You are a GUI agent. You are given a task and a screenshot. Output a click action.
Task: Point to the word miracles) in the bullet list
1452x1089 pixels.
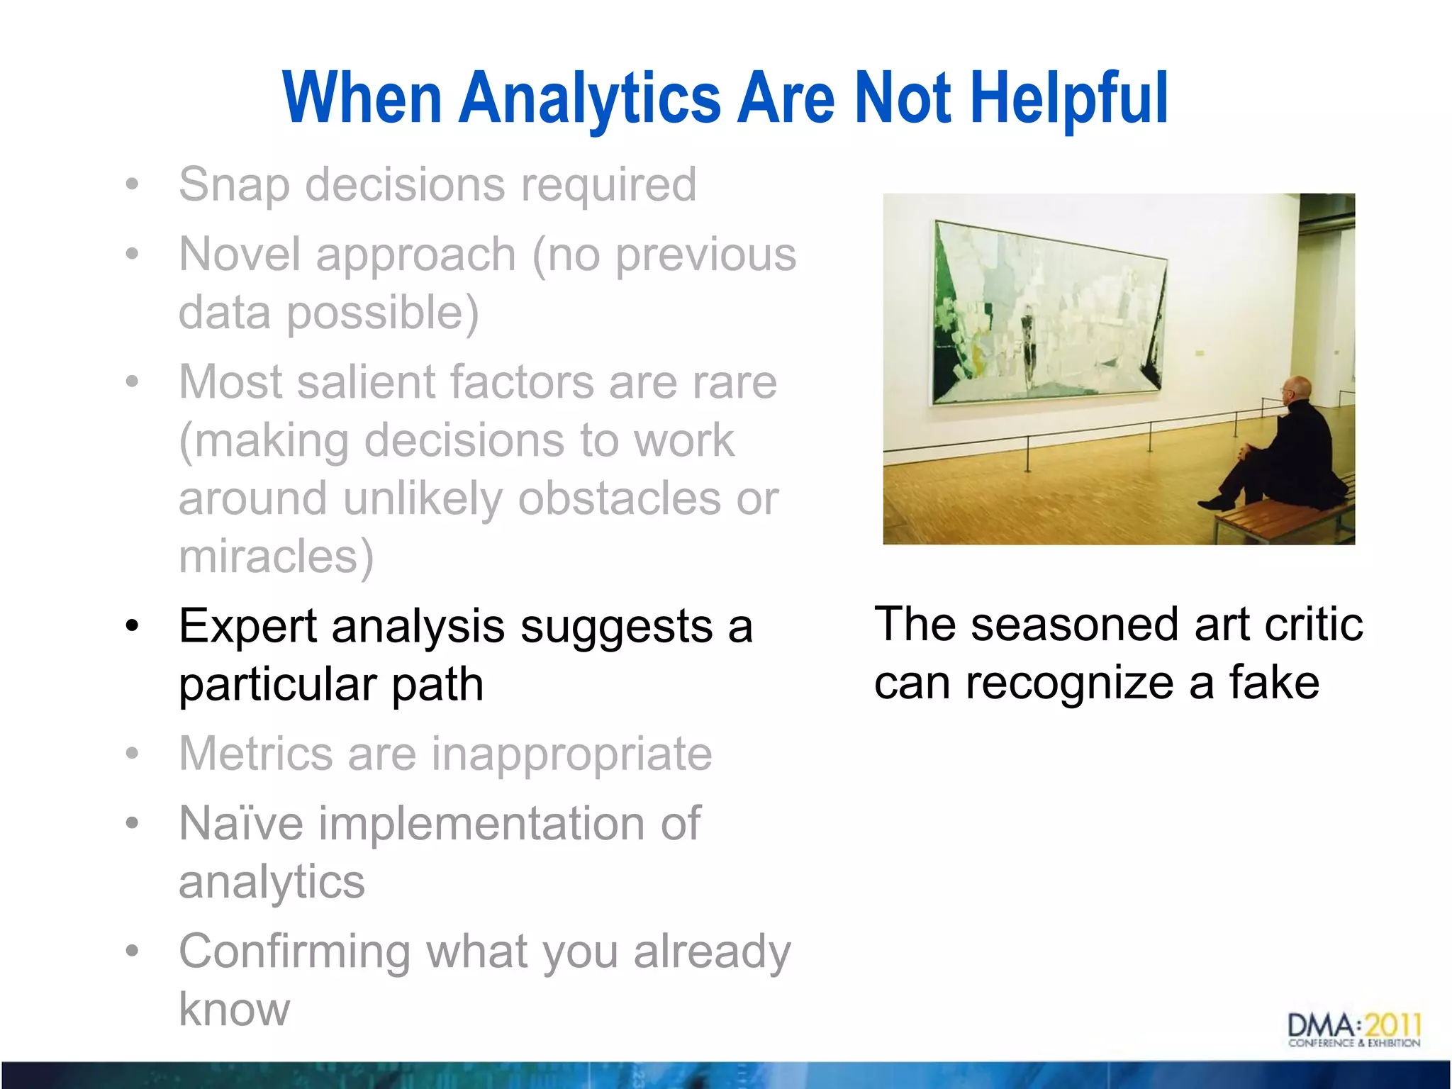coord(276,557)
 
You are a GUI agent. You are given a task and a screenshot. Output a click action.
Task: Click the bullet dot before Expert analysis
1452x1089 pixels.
coord(132,627)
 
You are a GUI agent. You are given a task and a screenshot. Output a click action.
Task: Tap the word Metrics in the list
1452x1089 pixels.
coord(255,754)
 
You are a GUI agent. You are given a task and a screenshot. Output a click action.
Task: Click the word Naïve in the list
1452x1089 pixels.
coord(241,824)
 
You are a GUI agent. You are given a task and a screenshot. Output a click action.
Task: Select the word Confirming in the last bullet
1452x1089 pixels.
coord(294,952)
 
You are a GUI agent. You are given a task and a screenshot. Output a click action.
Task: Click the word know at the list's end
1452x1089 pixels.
coord(234,1010)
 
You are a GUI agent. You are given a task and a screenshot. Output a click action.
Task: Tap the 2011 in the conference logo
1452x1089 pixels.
coord(1392,1025)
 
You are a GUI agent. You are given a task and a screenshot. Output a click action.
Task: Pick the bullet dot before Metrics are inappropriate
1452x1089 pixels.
coord(132,754)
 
